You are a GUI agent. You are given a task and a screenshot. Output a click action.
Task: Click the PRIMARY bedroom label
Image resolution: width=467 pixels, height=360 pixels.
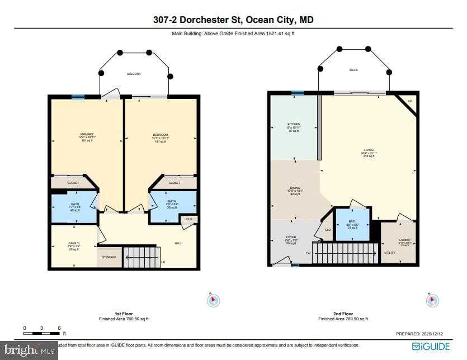click(87, 134)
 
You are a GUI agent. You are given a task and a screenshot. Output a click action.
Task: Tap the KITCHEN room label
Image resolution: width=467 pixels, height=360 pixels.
click(294, 124)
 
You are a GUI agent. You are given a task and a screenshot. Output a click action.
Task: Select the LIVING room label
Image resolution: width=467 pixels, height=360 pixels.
click(369, 150)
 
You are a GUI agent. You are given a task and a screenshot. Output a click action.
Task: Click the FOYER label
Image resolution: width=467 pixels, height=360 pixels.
click(290, 238)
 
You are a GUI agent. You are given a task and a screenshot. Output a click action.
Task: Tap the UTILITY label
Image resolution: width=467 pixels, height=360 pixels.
click(390, 253)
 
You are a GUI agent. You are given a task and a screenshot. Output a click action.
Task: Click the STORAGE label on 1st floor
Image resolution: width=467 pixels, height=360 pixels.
click(109, 257)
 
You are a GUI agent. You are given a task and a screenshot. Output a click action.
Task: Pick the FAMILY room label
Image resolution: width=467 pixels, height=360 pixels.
click(73, 243)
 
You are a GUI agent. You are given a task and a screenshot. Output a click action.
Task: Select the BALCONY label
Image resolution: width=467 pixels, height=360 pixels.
click(134, 74)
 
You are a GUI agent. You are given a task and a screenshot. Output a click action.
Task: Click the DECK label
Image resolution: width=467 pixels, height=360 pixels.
click(353, 70)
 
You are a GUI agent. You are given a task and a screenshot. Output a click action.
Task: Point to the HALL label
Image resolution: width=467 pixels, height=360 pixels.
click(178, 243)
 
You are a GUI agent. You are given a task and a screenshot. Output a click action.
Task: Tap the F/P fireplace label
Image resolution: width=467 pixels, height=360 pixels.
click(410, 101)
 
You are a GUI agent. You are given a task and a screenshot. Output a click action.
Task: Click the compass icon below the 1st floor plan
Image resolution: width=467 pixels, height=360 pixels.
click(213, 301)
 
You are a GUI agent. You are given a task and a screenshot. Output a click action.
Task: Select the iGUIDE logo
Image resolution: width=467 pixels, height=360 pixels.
click(431, 347)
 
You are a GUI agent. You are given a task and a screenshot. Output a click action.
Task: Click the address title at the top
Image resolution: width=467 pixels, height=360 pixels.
click(233, 20)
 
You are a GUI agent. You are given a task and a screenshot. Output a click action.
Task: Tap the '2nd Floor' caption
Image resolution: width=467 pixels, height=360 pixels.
click(343, 314)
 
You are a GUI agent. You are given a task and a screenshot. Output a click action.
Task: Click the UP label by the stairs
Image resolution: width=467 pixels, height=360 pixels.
click(163, 262)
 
